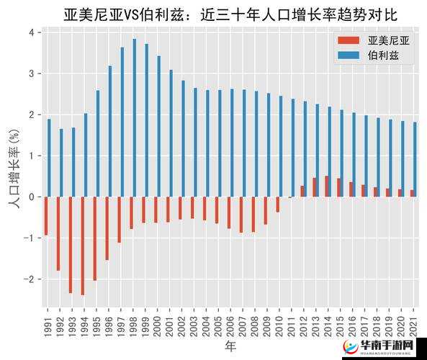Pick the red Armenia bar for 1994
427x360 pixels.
point(82,246)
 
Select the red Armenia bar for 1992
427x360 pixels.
point(58,233)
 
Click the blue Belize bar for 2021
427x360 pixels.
point(415,159)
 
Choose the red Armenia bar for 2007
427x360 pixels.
point(241,215)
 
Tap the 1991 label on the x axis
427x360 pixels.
point(48,322)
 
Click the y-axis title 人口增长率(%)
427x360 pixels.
point(13,169)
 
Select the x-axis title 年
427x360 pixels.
point(230,346)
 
